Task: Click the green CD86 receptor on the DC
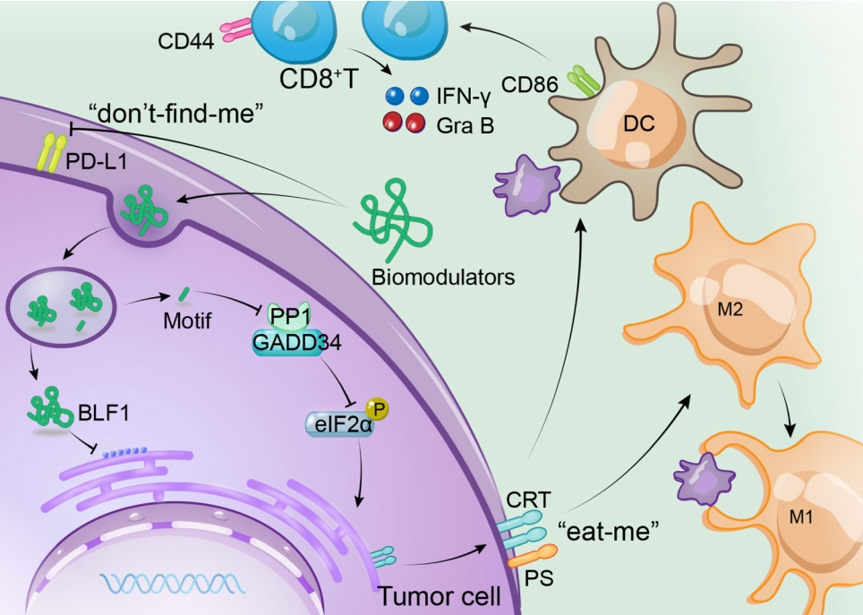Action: [x=583, y=82]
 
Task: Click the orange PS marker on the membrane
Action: [x=523, y=560]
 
